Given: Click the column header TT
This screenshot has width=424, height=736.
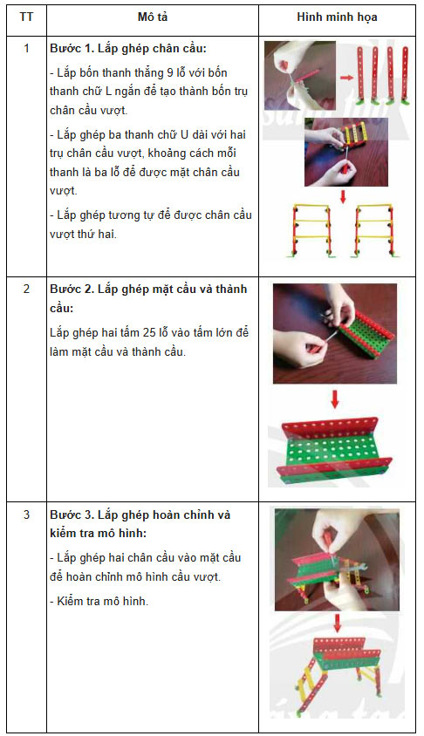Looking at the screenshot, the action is [x=26, y=17].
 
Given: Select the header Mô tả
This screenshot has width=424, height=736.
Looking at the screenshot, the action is [x=153, y=17].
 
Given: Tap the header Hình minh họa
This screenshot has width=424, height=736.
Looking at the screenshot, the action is [x=337, y=17].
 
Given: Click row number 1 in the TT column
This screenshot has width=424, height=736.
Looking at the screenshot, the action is [x=26, y=48].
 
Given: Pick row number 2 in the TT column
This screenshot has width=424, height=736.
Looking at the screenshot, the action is [x=26, y=289].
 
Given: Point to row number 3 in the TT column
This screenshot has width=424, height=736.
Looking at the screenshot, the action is [x=26, y=515].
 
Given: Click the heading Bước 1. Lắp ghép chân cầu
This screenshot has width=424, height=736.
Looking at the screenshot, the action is [x=128, y=49].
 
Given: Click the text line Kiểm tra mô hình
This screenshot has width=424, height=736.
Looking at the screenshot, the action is [x=99, y=602].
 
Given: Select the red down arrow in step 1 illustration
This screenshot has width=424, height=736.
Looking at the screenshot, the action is [x=343, y=195].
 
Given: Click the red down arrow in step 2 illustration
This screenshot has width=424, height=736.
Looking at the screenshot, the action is [x=335, y=399].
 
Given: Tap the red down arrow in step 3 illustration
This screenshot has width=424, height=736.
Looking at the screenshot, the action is [x=337, y=622].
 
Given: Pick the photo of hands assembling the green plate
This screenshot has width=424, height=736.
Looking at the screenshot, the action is [x=335, y=333].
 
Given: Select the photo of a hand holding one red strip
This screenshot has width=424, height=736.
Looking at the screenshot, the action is [x=299, y=75].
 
